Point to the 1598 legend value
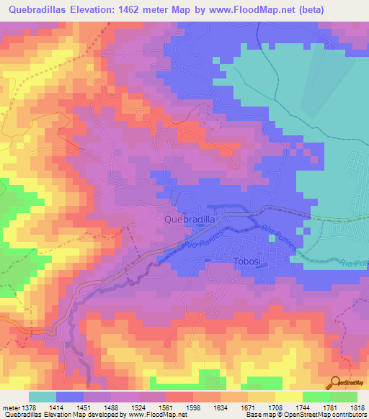pyautogui.click(x=192, y=407)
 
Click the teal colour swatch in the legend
pyautogui.click(x=43, y=397)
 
